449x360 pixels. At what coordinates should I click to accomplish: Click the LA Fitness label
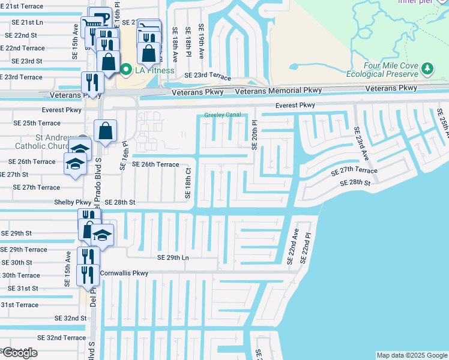[153, 70]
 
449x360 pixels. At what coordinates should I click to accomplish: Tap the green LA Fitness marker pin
[126, 70]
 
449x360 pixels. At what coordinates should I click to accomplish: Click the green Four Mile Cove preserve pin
[427, 69]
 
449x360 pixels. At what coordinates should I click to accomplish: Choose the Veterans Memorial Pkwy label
[279, 91]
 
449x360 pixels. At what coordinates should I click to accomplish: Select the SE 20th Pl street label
[255, 135]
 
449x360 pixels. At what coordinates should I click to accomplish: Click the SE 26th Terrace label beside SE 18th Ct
[155, 164]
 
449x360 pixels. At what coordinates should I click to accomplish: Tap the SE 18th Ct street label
[188, 184]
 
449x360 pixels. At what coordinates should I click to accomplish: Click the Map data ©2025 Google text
[412, 355]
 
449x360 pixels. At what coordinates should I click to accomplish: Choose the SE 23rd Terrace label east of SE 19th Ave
[208, 76]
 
